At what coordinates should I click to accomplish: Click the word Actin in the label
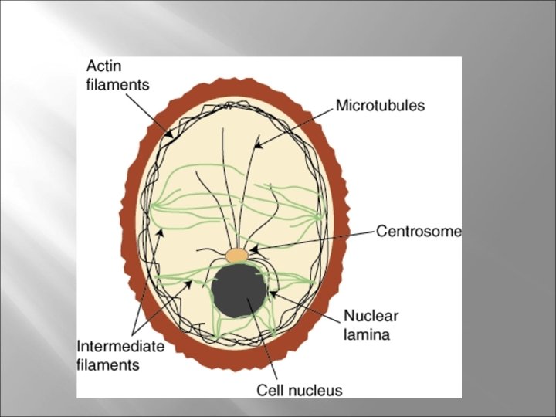[103, 68]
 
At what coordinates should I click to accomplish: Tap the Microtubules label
[380, 106]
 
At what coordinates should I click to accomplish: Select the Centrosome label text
[418, 231]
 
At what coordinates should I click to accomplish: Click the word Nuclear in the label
[371, 316]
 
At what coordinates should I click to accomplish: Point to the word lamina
[367, 334]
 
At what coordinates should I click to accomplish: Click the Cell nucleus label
[299, 390]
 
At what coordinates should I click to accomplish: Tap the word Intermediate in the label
[121, 346]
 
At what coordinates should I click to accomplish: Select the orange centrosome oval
[237, 254]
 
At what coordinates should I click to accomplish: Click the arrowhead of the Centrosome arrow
[253, 249]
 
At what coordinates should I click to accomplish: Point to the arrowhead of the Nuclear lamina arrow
[271, 294]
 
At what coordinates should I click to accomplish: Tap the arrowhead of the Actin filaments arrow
[171, 134]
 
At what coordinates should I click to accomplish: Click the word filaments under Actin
[117, 85]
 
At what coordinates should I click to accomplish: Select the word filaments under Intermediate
[108, 364]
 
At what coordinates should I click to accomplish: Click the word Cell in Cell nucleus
[270, 390]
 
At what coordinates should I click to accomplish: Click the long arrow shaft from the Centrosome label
[317, 239]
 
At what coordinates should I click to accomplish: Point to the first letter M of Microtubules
[341, 106]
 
